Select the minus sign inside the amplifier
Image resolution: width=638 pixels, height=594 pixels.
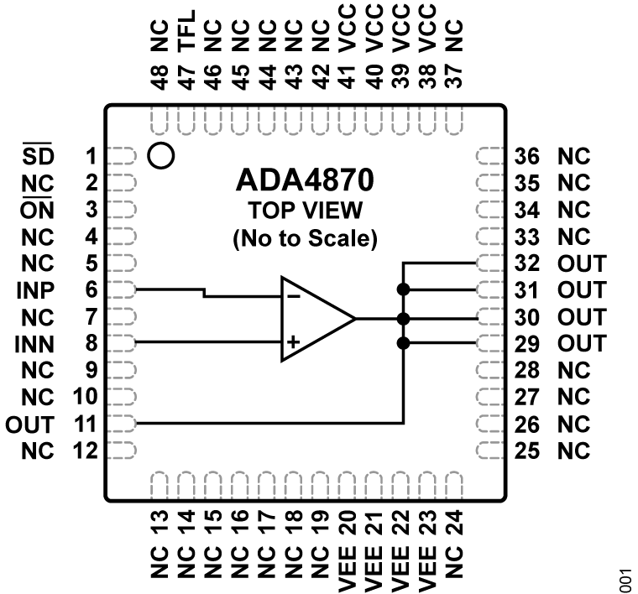click(x=293, y=296)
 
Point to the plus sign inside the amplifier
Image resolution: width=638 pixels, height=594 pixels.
click(x=293, y=342)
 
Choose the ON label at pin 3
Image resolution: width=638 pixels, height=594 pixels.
click(x=40, y=209)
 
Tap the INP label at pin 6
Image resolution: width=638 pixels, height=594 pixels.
click(x=36, y=290)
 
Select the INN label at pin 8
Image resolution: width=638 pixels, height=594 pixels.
click(x=36, y=344)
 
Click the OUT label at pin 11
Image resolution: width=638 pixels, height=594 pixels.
click(x=31, y=425)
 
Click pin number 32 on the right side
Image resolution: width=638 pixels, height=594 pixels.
click(x=528, y=263)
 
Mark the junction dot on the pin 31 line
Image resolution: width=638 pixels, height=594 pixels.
click(x=404, y=289)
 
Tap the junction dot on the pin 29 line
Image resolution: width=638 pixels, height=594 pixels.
click(x=404, y=343)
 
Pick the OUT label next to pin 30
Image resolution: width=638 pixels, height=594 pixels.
click(x=579, y=317)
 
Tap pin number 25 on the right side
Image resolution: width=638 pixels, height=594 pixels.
click(x=528, y=451)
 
